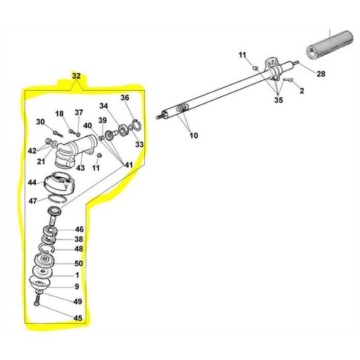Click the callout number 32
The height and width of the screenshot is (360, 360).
[77, 75]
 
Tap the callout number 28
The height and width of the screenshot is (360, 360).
[321, 74]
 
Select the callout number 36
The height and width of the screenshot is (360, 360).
[125, 98]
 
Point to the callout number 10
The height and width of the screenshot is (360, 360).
[193, 135]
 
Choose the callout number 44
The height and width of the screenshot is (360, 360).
[32, 183]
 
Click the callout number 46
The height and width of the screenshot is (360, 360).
[79, 230]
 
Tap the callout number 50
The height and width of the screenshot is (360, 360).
[79, 263]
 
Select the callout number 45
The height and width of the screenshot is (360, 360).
[77, 318]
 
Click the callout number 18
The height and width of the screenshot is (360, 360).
[60, 114]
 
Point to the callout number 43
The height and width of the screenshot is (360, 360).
[81, 167]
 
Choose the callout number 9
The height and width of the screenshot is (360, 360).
[77, 286]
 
